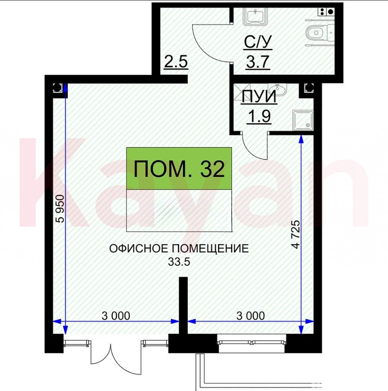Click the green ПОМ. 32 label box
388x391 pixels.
pos(179,168)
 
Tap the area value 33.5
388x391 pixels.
pos(179,262)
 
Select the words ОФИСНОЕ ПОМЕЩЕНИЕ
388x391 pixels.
pos(179,248)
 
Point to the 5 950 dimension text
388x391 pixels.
pos(60,209)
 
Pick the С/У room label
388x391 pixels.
pos(258,42)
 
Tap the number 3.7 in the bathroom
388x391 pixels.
pos(258,62)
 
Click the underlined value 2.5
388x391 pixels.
pos(176,62)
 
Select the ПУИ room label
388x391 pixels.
pos(259,96)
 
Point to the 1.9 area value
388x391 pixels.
pos(259,116)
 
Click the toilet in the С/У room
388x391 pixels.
pos(319,33)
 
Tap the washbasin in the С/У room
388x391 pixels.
pos(255,16)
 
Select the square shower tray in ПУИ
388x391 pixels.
pos(303,120)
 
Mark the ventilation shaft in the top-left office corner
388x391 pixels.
pos(57,88)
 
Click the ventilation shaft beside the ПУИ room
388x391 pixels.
pos(309,88)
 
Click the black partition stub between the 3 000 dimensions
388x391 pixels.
pos(183,305)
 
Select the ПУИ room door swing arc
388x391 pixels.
pos(252,150)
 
